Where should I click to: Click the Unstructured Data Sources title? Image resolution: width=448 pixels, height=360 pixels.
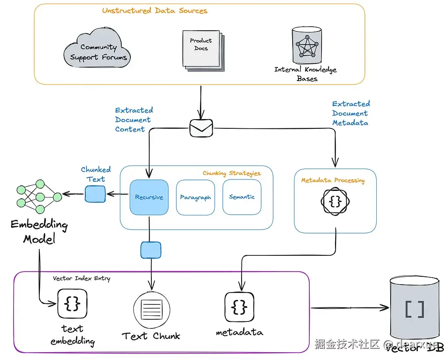pyautogui.click(x=154, y=11)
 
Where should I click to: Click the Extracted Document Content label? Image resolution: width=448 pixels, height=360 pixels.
pyautogui.click(x=134, y=120)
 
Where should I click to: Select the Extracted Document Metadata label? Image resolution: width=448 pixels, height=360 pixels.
pyautogui.click(x=351, y=113)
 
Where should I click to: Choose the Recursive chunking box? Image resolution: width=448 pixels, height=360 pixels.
pyautogui.click(x=149, y=197)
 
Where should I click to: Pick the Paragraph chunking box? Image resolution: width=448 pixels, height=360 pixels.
pyautogui.click(x=195, y=197)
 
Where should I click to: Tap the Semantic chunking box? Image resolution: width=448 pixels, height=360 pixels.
pyautogui.click(x=241, y=197)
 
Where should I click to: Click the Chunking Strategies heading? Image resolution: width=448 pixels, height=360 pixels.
pyautogui.click(x=231, y=173)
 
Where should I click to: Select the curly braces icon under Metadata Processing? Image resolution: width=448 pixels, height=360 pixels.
pyautogui.click(x=335, y=201)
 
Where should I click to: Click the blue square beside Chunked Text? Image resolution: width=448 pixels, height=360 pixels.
pyautogui.click(x=95, y=194)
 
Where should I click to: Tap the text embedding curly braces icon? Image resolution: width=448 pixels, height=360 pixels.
pyautogui.click(x=72, y=304)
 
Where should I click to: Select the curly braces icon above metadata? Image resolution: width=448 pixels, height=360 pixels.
pyautogui.click(x=239, y=307)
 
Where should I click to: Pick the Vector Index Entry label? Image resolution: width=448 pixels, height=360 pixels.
pyautogui.click(x=81, y=278)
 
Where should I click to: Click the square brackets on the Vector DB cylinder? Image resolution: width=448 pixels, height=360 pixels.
pyautogui.click(x=414, y=309)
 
